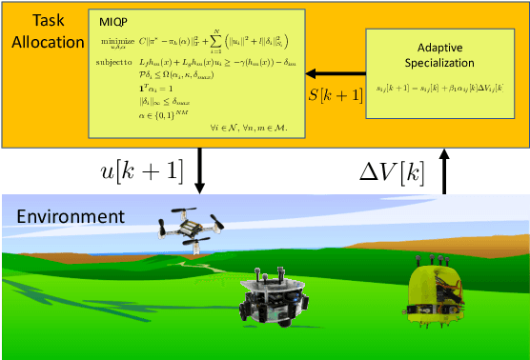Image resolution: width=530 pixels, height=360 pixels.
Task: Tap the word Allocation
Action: pyautogui.click(x=42, y=40)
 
